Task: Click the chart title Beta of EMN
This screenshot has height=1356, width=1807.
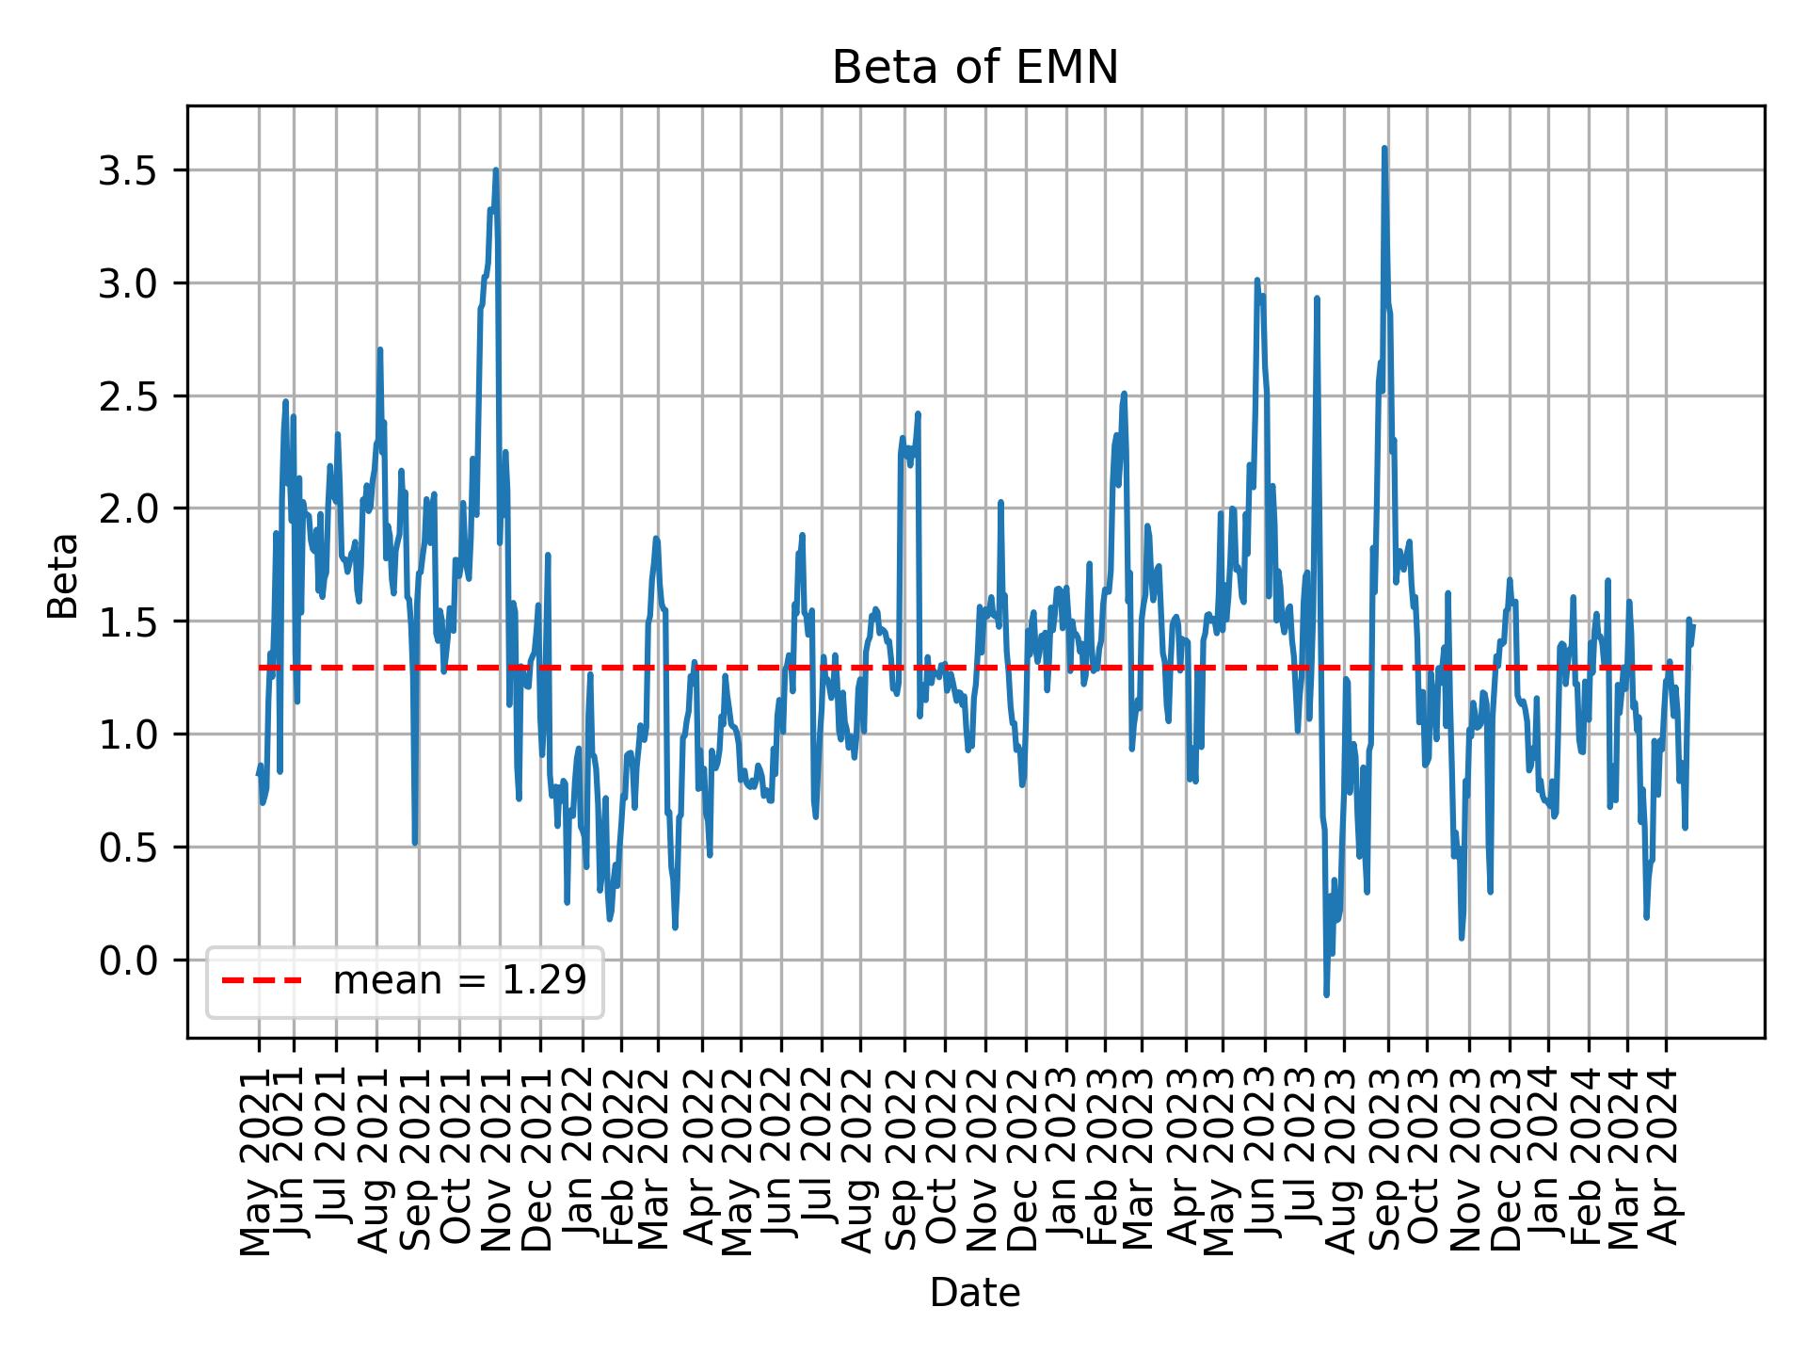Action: pos(975,68)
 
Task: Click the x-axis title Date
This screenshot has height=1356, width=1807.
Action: pos(975,1293)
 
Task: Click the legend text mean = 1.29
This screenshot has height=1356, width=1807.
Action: pos(459,981)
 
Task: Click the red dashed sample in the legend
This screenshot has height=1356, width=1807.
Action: pos(262,981)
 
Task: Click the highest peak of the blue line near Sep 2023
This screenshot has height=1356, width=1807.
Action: pos(1383,148)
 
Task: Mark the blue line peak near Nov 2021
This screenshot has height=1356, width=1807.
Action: pos(495,170)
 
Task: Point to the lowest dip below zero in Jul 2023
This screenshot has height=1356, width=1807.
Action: pos(1326,994)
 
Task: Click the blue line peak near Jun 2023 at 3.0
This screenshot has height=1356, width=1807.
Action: pos(1256,280)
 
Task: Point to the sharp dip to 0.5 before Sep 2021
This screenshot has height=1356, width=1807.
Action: pos(415,842)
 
